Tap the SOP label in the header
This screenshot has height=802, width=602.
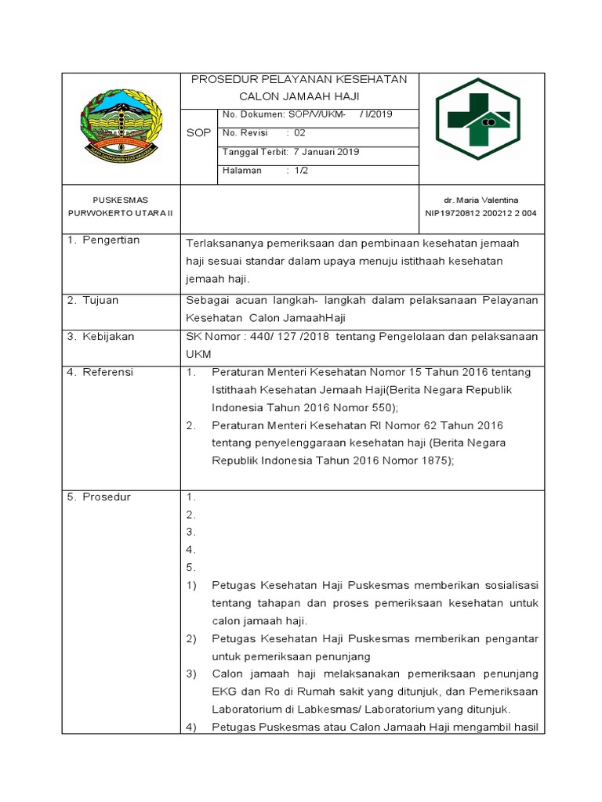(x=198, y=133)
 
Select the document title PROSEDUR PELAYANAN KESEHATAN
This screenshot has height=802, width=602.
(x=299, y=80)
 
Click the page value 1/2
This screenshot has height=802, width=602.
(x=302, y=171)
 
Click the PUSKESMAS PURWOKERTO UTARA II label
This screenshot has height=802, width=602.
(x=120, y=207)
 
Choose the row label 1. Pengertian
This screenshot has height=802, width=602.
(x=103, y=240)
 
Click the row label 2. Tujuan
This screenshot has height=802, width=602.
(x=92, y=300)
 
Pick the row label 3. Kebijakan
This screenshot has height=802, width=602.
(x=100, y=337)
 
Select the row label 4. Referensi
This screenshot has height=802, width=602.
(x=100, y=373)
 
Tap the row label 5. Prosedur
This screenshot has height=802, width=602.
(x=99, y=497)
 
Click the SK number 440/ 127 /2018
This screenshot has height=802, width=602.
(x=281, y=337)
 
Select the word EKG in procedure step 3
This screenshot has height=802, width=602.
(x=223, y=692)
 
